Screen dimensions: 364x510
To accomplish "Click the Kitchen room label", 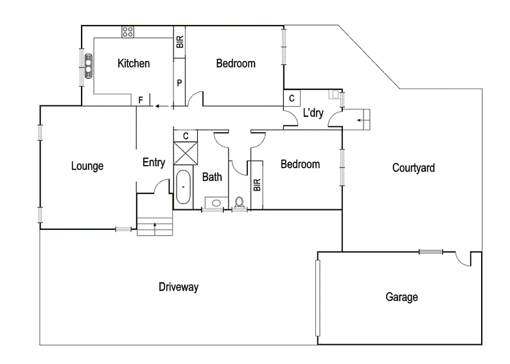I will pyautogui.click(x=134, y=64).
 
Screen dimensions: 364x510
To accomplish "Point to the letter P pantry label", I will pyautogui.click(x=179, y=83).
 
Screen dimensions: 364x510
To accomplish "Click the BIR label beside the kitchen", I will pyautogui.click(x=180, y=42).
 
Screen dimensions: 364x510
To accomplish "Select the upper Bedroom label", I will pyautogui.click(x=235, y=64).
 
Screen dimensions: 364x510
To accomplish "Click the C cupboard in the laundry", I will pyautogui.click(x=292, y=98).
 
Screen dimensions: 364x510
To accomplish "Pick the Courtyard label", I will pyautogui.click(x=413, y=168).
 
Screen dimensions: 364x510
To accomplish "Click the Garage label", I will pyautogui.click(x=401, y=297).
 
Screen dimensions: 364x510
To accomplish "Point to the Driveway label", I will pyautogui.click(x=179, y=287).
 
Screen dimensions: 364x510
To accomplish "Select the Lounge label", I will pyautogui.click(x=87, y=166).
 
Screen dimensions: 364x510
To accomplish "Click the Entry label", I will pyautogui.click(x=154, y=163).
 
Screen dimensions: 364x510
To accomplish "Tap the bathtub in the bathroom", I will pyautogui.click(x=183, y=187).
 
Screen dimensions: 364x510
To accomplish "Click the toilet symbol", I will pyautogui.click(x=240, y=203).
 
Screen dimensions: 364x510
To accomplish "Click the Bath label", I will pyautogui.click(x=212, y=177).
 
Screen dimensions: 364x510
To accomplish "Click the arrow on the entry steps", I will pyautogui.click(x=155, y=225).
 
